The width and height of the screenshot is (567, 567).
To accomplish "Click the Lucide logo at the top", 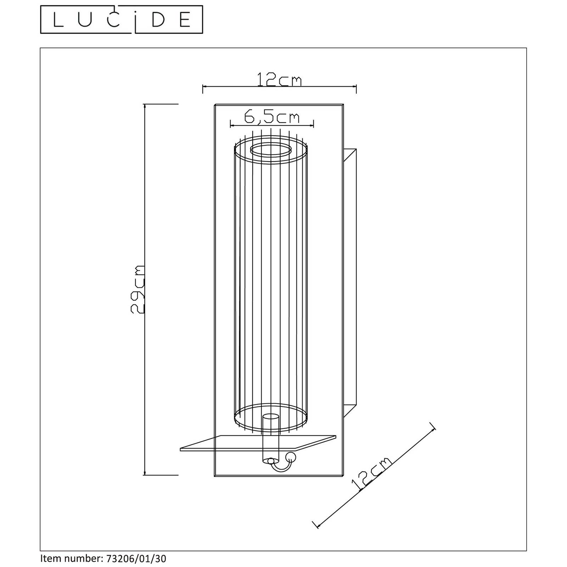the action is click(122, 19).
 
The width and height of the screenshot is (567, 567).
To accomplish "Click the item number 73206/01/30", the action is click(136, 559).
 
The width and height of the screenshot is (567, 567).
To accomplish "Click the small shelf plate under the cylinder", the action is click(258, 443).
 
